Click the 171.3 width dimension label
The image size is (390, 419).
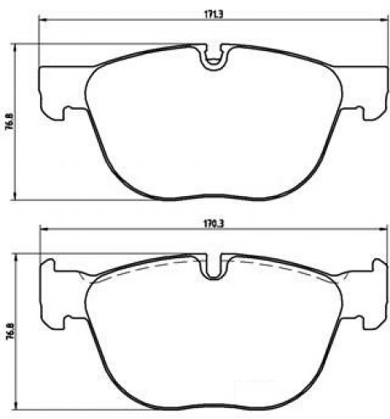click(x=214, y=15)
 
